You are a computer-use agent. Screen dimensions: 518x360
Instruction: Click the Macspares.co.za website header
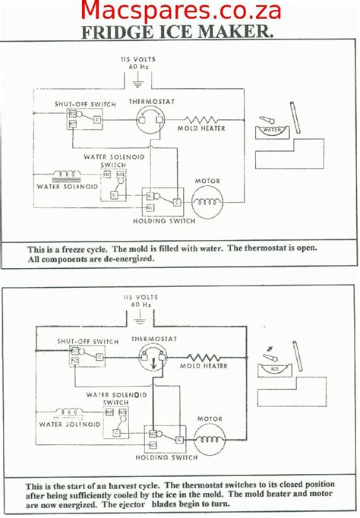point(180,11)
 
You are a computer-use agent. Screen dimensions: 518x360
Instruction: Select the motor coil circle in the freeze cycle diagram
point(207,201)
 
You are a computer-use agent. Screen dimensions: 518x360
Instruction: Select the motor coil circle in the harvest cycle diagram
point(210,437)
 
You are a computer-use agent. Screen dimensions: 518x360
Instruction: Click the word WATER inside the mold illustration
point(272,131)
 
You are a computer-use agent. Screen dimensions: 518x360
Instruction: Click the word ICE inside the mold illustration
point(273,370)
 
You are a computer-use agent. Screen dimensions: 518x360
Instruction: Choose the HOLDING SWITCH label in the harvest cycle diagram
point(167,457)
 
